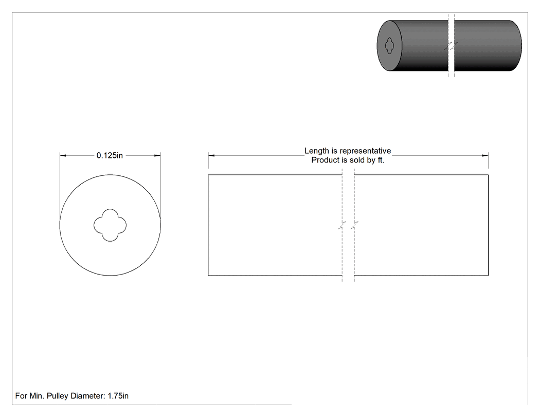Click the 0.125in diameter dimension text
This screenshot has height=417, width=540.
[110, 156]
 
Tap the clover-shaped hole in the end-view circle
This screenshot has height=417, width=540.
[110, 225]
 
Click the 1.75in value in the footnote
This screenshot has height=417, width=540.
[118, 396]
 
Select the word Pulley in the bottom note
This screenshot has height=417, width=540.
[58, 396]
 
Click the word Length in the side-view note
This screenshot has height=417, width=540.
[316, 151]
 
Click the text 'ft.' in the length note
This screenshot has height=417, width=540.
[381, 160]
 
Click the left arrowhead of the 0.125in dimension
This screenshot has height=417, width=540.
[63, 156]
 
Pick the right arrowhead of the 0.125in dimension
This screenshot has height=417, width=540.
[157, 156]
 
